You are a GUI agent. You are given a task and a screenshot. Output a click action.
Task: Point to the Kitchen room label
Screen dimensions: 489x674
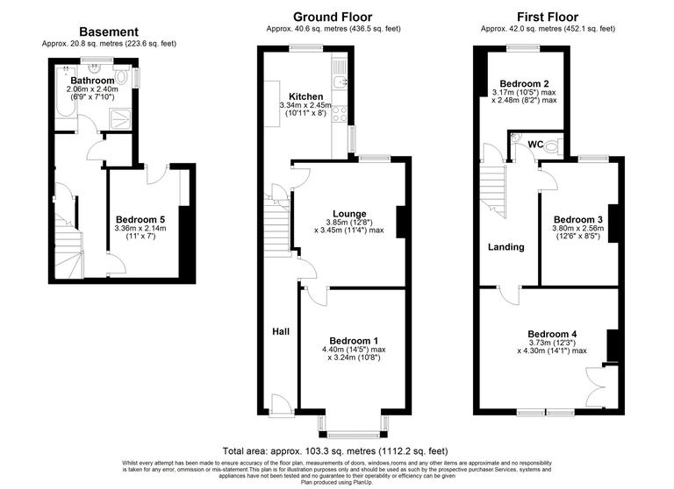tap(306, 96)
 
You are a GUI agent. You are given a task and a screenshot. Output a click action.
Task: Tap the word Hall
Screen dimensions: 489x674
tap(280, 331)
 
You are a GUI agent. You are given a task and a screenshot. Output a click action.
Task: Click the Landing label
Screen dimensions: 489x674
tap(505, 247)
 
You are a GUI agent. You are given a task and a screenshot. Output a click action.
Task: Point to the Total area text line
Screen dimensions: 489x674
tap(336, 448)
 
